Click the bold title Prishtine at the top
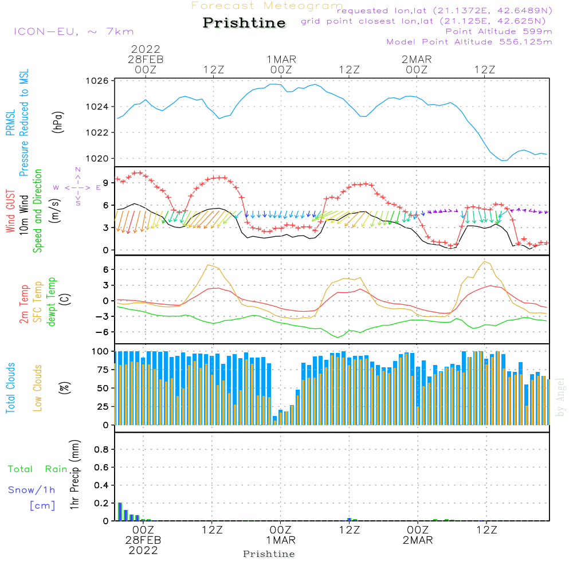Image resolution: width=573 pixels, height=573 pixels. (244, 23)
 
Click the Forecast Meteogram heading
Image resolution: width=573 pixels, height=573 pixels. (267, 6)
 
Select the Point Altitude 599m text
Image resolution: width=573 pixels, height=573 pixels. (499, 32)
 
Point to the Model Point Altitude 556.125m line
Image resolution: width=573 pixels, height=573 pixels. (469, 42)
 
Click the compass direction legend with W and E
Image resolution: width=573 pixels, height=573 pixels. (77, 187)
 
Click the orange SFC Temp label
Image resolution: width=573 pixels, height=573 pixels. (38, 302)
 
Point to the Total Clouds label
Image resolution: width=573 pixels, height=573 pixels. (10, 388)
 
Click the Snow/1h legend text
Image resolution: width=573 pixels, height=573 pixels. (31, 490)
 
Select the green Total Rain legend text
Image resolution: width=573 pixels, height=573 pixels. (37, 469)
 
